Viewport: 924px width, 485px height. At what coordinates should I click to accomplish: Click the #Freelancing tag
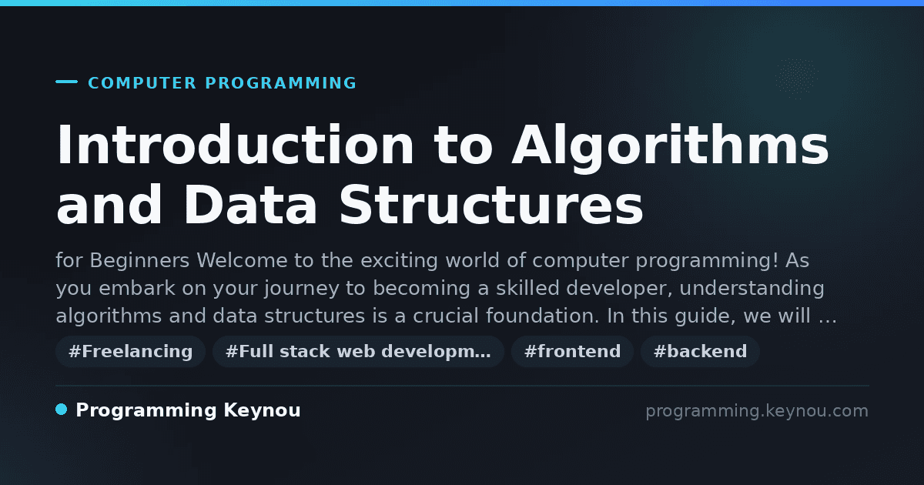pos(130,351)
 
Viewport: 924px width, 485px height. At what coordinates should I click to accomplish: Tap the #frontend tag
pos(572,351)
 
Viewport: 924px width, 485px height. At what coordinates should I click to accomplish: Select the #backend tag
pos(700,351)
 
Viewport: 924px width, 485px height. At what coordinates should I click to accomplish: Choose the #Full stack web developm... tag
pos(358,351)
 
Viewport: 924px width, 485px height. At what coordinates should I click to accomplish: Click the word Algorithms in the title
pos(671,146)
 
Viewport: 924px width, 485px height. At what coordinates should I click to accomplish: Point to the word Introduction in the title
pos(235,145)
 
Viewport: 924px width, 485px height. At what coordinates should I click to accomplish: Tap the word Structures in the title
pos(491,205)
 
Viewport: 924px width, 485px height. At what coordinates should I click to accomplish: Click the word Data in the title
pos(250,205)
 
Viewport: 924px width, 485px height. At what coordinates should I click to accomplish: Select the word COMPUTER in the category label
pos(142,83)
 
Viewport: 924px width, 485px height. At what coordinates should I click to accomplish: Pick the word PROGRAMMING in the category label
pos(281,83)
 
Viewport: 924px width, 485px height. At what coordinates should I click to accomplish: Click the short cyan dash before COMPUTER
pos(66,82)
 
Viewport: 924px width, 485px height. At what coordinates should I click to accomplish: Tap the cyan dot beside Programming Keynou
pos(62,410)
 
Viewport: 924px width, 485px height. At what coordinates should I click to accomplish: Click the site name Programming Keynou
pos(188,410)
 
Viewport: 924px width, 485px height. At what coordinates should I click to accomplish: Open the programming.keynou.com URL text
pos(757,411)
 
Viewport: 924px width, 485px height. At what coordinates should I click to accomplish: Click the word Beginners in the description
pos(139,261)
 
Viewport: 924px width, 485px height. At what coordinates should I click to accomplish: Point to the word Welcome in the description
pos(242,260)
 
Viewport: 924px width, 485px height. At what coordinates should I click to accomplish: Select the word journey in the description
pos(302,288)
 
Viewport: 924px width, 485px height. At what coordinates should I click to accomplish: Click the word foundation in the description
pos(542,316)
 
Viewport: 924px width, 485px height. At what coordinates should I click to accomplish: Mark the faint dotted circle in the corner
pos(796,79)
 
